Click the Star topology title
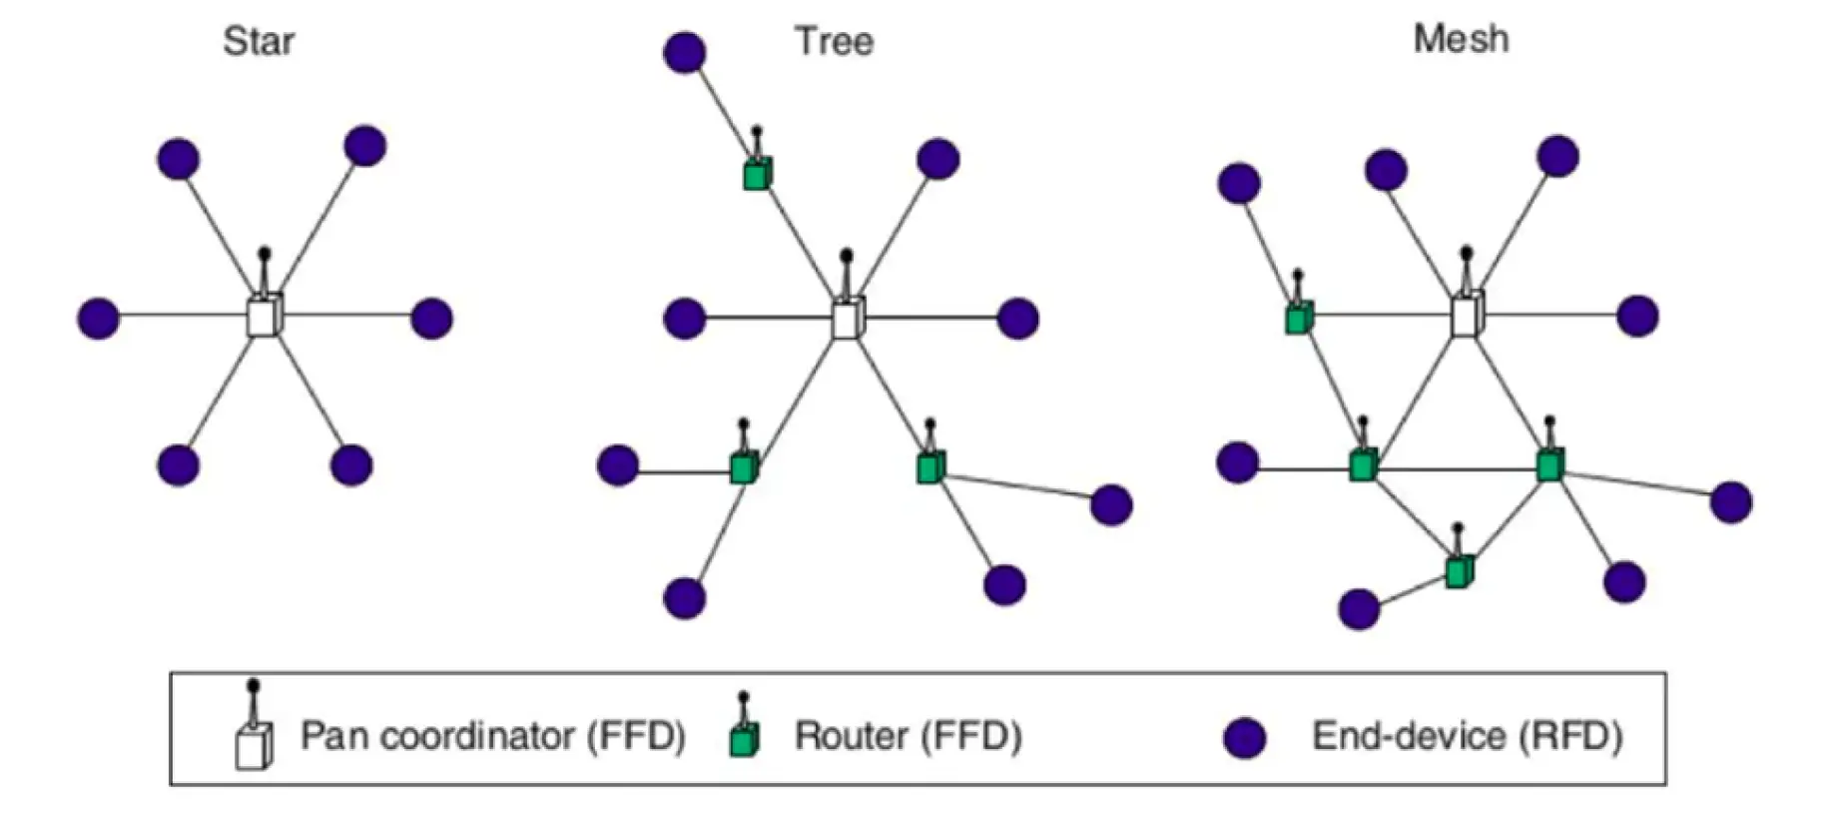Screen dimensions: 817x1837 tap(259, 42)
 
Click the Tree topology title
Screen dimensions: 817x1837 tap(834, 42)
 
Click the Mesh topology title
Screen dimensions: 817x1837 tap(1461, 39)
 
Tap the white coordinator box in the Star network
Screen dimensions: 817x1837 tap(265, 317)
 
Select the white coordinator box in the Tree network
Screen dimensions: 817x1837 tap(847, 320)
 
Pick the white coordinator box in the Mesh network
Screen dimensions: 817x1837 tap(1466, 316)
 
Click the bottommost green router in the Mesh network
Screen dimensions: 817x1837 tap(1458, 571)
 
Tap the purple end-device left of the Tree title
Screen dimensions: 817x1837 tap(685, 52)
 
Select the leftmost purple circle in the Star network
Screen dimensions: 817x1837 tap(99, 319)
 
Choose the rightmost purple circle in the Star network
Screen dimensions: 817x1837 tap(431, 319)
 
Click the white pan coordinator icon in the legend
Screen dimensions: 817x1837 tap(254, 745)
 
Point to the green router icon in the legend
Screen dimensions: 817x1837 tap(744, 738)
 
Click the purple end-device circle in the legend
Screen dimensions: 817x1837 tap(1245, 738)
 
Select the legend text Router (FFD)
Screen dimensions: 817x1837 tap(908, 736)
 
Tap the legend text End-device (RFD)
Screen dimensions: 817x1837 tap(1467, 736)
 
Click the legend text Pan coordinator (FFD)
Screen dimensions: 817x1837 tap(493, 736)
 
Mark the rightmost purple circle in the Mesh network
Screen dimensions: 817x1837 tap(1731, 502)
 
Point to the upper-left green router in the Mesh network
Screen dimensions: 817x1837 tap(1298, 319)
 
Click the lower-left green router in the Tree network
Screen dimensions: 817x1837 tap(744, 467)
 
